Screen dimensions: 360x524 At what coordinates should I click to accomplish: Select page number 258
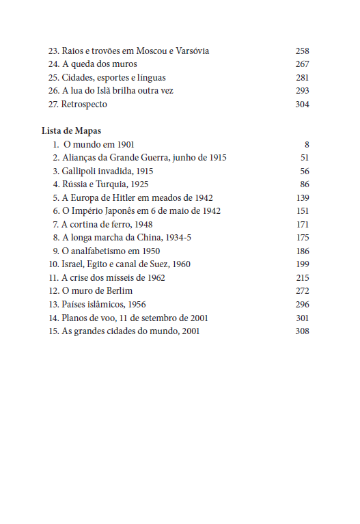[x=302, y=51]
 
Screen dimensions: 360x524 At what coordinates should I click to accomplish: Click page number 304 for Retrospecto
[x=302, y=105]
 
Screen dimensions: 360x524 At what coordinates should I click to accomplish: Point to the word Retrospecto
[x=85, y=105]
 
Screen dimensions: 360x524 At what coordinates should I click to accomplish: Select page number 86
[x=305, y=184]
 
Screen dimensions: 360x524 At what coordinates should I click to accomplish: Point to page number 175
[x=302, y=238]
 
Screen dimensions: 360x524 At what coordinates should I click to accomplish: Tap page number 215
[x=302, y=277]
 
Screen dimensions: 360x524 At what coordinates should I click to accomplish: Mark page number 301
[x=302, y=318]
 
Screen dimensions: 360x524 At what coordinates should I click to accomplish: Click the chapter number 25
[x=53, y=78]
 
